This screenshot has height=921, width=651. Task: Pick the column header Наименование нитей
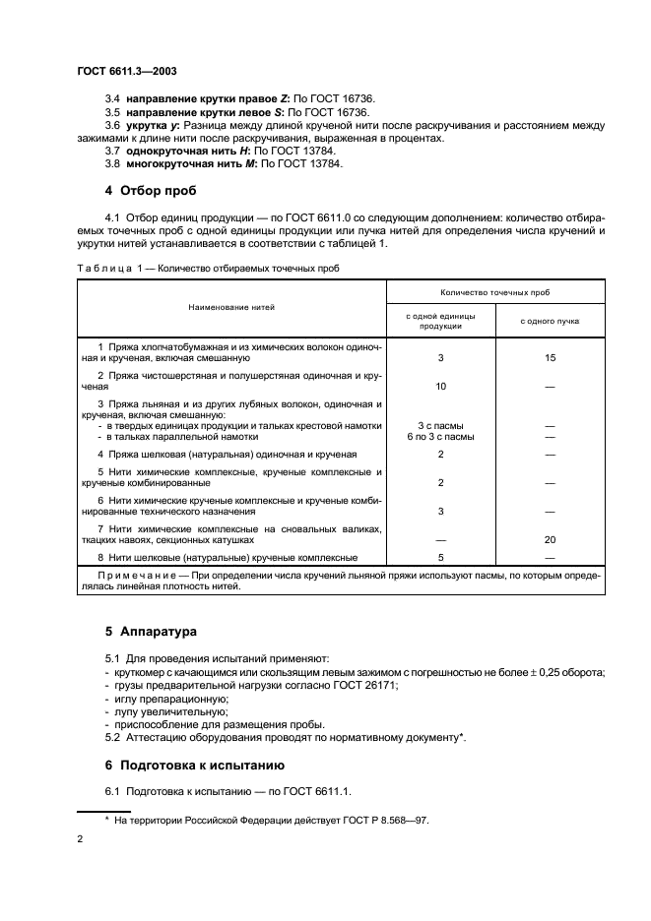(x=231, y=307)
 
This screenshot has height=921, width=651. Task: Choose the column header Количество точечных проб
(x=494, y=292)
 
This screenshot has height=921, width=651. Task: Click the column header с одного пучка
(x=550, y=321)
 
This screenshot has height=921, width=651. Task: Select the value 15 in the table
(x=550, y=358)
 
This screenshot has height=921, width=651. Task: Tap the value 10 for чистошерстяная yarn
(x=440, y=386)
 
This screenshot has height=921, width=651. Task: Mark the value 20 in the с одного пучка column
(x=550, y=539)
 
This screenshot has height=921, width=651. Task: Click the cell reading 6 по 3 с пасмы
(x=440, y=435)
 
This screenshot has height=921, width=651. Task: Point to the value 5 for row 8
(x=440, y=558)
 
